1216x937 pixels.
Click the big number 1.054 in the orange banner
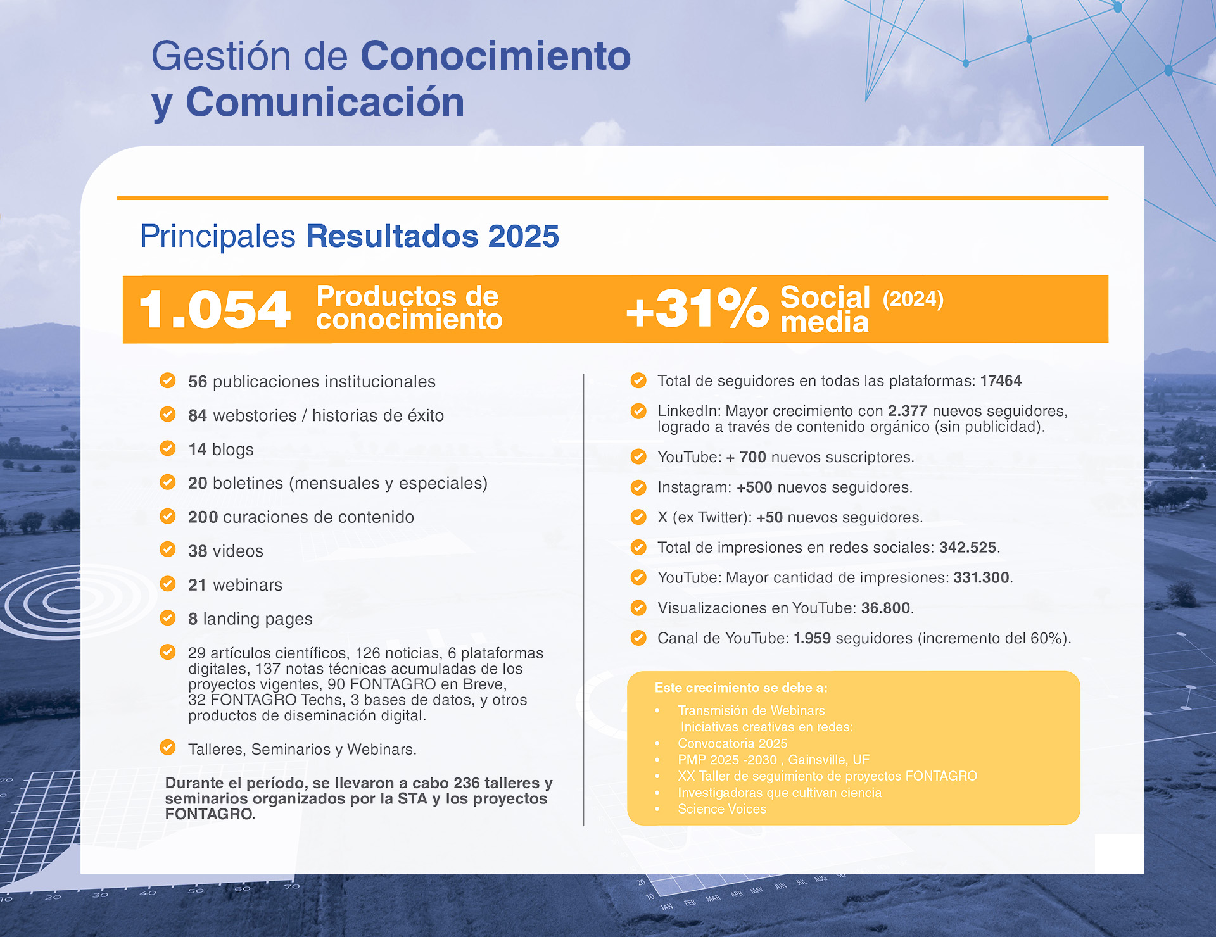point(214,310)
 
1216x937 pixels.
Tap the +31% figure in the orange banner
point(697,309)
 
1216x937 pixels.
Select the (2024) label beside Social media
point(913,299)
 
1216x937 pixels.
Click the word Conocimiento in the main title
point(495,56)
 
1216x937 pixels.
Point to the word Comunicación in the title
point(325,102)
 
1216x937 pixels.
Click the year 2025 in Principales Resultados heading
point(523,236)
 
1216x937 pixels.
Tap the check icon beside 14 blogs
point(168,448)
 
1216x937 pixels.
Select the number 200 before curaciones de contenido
point(203,517)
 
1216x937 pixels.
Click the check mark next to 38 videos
point(168,550)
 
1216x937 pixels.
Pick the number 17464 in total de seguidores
point(1001,380)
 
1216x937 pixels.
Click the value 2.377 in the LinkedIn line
point(907,411)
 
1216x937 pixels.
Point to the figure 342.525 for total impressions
point(967,548)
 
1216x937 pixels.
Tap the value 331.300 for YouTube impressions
point(981,577)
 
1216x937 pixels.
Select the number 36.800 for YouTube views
point(885,608)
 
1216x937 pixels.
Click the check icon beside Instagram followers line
point(638,487)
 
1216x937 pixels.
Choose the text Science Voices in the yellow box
point(721,808)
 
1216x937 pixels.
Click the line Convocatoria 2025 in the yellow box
point(732,743)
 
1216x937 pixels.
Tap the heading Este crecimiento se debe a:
point(740,688)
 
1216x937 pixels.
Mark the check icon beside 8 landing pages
point(168,617)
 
